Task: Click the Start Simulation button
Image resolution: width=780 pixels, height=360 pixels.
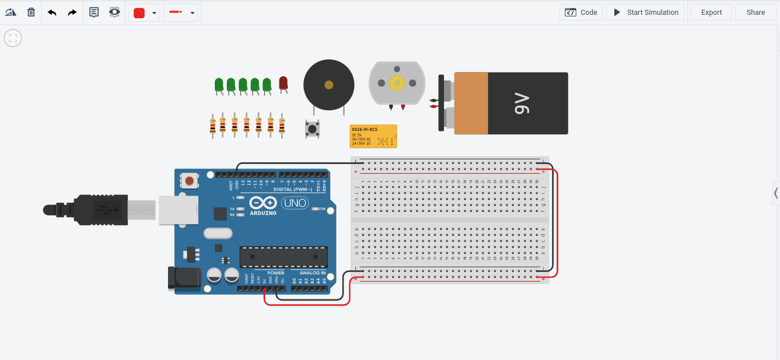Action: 646,12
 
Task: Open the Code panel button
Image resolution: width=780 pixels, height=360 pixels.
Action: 581,12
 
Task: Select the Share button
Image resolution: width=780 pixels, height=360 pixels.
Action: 755,12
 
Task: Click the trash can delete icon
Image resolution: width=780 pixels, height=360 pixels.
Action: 31,12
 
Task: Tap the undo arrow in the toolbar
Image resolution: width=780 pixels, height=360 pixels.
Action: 52,12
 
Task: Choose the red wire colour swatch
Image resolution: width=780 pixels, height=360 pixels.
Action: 139,13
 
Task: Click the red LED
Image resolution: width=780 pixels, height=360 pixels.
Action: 283,83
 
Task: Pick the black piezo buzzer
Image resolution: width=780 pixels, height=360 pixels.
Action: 328,85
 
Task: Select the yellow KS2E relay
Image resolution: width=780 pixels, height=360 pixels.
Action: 373,137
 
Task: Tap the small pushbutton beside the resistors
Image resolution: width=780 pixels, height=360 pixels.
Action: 312,129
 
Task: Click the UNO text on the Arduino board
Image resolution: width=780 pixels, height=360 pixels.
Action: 295,203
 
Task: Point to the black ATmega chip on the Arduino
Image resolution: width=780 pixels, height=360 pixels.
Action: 283,257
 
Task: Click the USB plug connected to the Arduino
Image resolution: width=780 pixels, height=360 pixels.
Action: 97,210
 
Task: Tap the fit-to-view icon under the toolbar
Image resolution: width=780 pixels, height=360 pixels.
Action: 13,38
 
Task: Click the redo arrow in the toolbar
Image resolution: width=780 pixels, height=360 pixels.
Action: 72,12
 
